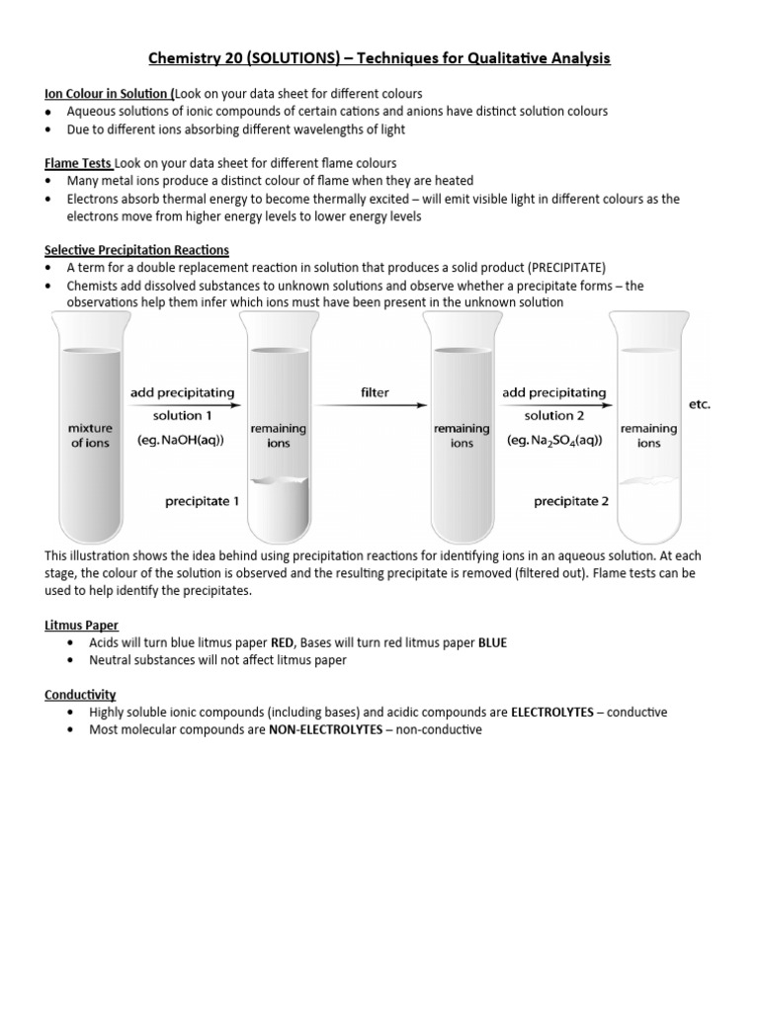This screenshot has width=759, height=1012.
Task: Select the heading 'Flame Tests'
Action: tap(79, 163)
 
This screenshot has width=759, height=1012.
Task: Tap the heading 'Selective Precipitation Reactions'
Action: tap(137, 250)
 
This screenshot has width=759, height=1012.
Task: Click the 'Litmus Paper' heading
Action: tap(82, 625)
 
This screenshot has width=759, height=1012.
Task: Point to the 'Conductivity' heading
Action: tap(81, 694)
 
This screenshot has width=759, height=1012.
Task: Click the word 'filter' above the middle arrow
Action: tap(375, 392)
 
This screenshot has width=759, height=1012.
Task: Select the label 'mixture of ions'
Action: tap(89, 436)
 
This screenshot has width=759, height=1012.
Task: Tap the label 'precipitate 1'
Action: tap(202, 501)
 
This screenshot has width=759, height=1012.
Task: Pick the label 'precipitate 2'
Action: tap(571, 501)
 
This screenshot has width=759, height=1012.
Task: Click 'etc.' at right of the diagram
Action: tap(698, 404)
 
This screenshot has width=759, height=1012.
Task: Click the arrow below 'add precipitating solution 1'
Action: tap(183, 404)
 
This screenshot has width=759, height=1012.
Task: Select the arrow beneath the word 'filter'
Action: tap(375, 404)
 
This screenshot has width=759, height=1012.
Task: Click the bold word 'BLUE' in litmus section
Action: tap(492, 642)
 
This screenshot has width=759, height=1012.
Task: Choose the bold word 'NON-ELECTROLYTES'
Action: tap(325, 730)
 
